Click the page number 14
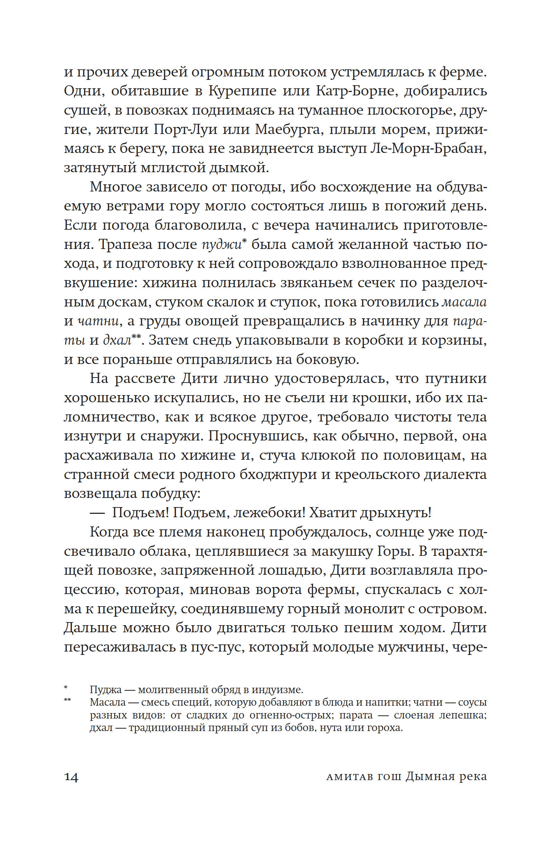click(x=71, y=777)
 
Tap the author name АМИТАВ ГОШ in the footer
click(x=364, y=777)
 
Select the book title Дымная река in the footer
click(x=446, y=776)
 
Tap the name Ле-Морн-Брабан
click(x=429, y=149)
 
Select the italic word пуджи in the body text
click(x=222, y=244)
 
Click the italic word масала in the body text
click(x=465, y=302)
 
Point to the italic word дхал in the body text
click(x=117, y=340)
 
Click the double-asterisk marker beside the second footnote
click(x=67, y=700)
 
